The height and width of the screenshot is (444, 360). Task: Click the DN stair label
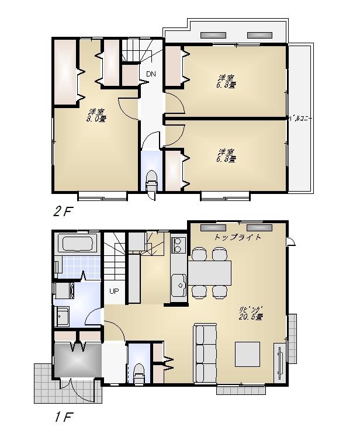(151, 74)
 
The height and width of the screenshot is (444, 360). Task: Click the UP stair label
(113, 290)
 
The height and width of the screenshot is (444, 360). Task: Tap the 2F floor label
(63, 211)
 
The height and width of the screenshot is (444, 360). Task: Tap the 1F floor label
(62, 418)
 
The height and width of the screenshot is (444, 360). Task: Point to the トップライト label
(237, 238)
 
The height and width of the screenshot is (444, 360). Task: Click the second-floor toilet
(151, 180)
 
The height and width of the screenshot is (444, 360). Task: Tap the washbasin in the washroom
(61, 318)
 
